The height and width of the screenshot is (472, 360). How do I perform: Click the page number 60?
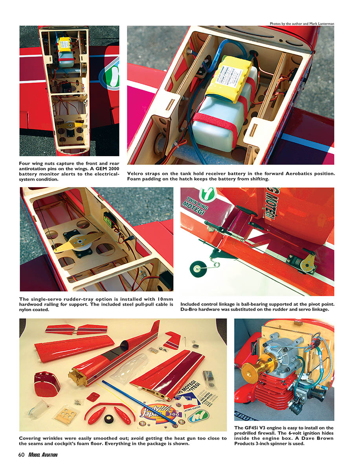click(22, 455)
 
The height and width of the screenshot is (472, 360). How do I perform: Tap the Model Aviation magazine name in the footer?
click(43, 455)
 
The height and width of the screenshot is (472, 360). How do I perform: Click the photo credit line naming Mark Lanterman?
click(302, 24)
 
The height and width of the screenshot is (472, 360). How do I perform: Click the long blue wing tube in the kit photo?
click(139, 402)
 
